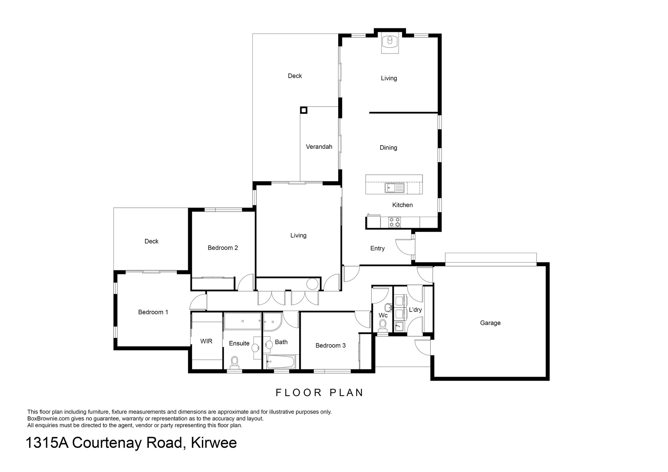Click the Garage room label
click(x=490, y=323)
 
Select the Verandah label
click(x=319, y=147)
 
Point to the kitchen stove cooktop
click(x=394, y=222)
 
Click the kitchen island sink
click(x=394, y=188)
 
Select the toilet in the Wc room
click(x=383, y=326)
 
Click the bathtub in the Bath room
click(x=281, y=362)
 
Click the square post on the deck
click(x=304, y=110)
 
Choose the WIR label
click(x=206, y=341)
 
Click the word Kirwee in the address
click(x=214, y=443)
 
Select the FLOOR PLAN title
click(x=320, y=393)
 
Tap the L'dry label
click(x=415, y=310)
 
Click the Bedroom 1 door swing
click(x=198, y=302)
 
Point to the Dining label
click(x=388, y=148)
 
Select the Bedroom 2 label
click(x=223, y=248)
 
